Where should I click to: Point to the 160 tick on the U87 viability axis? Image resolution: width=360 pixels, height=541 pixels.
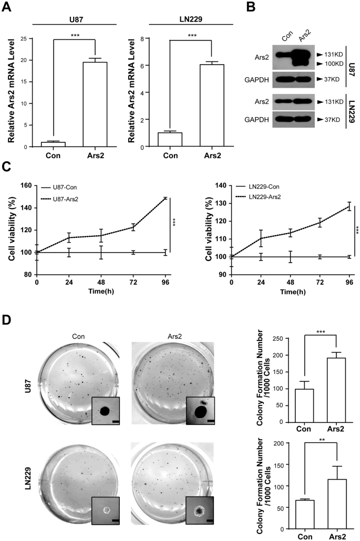tap(27, 185)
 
